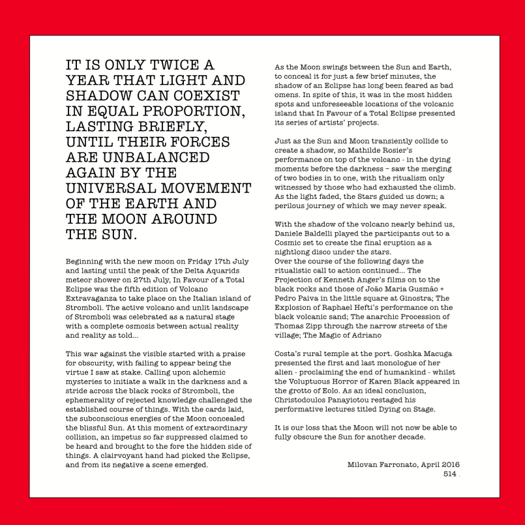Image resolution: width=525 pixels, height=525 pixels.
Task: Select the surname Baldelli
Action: [329, 233]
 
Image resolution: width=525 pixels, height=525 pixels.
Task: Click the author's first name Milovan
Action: [367, 464]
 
